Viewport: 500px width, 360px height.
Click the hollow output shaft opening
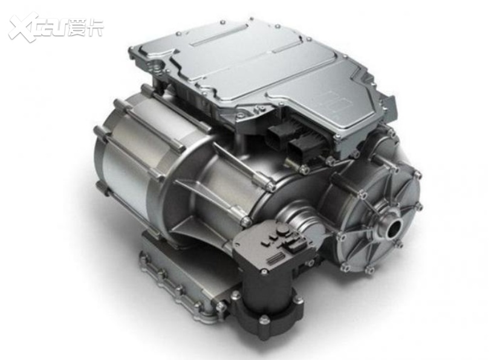[x=395, y=228]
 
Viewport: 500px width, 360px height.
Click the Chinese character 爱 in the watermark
[x=77, y=28]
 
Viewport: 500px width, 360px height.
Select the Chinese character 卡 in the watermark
[x=95, y=28]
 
